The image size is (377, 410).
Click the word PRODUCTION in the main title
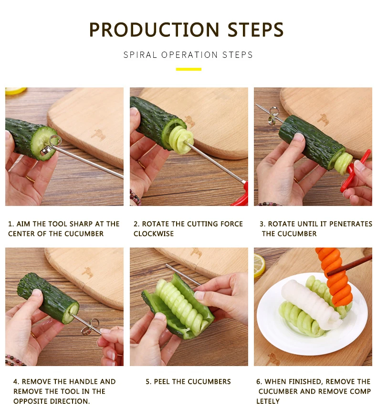coord(154,30)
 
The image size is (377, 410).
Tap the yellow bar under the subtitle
coord(188,69)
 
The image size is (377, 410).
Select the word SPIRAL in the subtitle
coord(140,55)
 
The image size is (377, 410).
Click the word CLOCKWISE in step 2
coord(154,234)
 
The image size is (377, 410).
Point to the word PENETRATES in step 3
coord(351,224)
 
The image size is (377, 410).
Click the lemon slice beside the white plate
coord(259,265)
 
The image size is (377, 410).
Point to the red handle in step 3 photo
coord(355,171)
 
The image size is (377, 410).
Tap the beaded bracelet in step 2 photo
coord(135,198)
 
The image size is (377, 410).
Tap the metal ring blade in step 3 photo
coord(273,116)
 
